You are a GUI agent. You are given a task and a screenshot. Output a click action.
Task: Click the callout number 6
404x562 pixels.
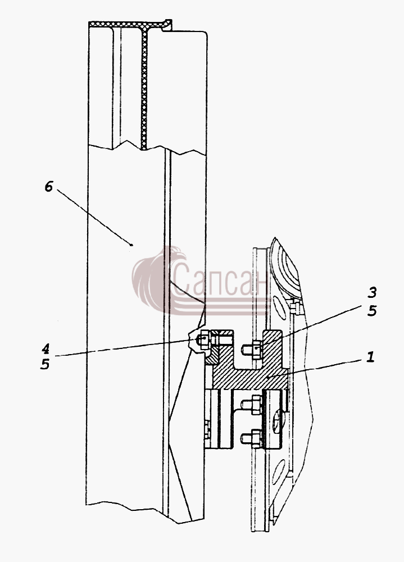click(x=49, y=187)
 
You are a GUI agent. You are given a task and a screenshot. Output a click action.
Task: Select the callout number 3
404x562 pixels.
click(x=372, y=292)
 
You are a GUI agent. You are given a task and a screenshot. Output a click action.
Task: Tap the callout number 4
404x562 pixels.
click(x=45, y=348)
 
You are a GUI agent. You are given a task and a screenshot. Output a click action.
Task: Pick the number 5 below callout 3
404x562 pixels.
click(x=372, y=310)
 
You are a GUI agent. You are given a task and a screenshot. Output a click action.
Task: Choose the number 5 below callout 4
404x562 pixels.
click(x=45, y=364)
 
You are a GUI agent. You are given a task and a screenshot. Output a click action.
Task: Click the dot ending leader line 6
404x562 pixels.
click(x=131, y=245)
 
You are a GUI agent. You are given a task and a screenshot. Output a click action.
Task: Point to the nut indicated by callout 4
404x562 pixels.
click(x=203, y=338)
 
